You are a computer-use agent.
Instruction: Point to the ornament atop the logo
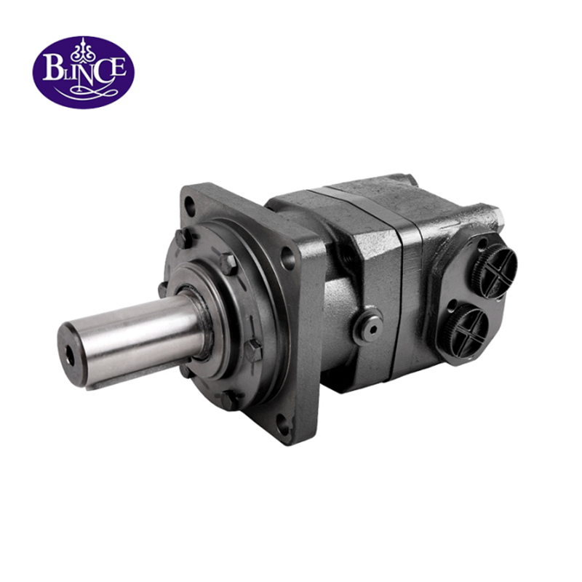(84, 49)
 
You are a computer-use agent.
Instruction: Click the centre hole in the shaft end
(70, 355)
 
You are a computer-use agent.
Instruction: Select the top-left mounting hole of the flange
(190, 206)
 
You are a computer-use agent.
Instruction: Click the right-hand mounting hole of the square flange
(287, 258)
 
